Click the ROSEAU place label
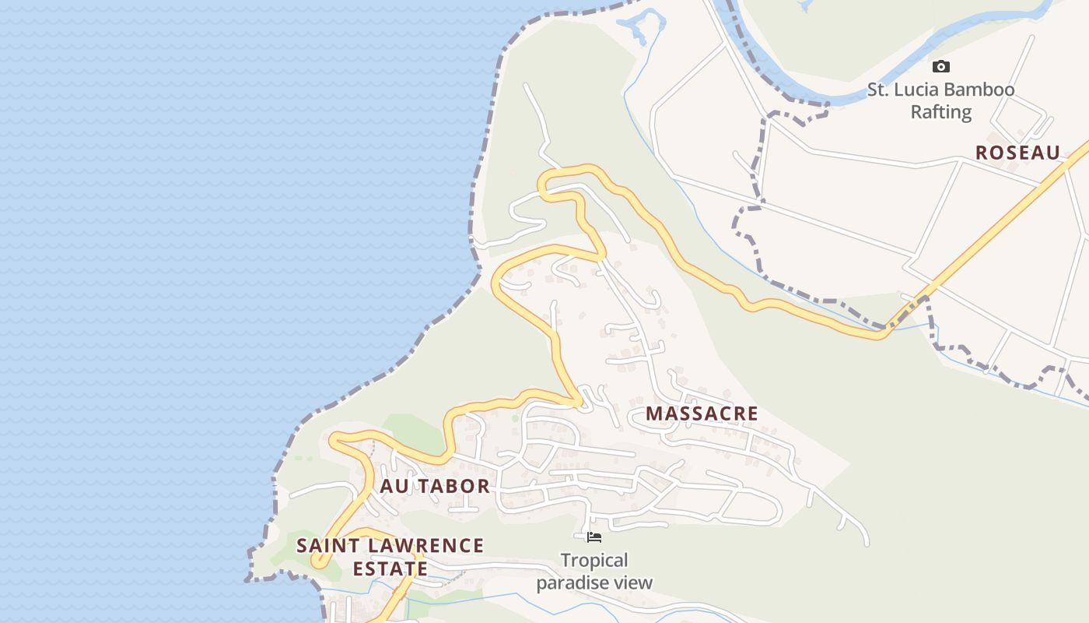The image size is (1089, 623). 1017,153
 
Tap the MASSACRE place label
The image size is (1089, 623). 702,414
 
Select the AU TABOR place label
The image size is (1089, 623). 435,487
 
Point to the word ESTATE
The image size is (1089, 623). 390,568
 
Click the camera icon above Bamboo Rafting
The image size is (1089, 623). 941,67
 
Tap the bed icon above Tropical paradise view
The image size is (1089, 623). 594,537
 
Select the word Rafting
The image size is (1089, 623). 941,112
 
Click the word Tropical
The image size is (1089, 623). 594,561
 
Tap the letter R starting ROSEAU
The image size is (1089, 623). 982,153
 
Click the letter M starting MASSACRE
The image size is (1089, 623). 653,414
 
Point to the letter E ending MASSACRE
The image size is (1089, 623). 751,414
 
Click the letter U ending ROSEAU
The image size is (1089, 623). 1053,153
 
